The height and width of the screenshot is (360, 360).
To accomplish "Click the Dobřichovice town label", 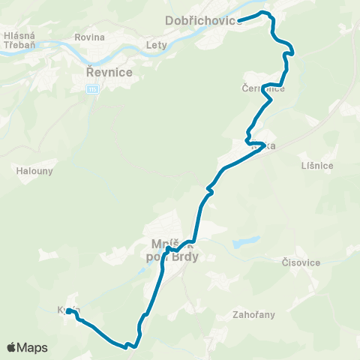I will click(202, 20).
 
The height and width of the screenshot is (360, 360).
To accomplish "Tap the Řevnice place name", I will click(109, 72).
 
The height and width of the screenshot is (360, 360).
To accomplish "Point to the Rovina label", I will click(89, 37).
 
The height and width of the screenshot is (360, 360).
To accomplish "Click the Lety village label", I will click(157, 45).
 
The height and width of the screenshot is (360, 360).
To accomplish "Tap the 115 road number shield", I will click(92, 89).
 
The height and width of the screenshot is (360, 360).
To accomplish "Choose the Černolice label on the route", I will click(263, 88).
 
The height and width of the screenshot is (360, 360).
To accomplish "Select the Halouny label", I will click(32, 170).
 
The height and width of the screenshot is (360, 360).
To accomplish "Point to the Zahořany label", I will click(253, 316).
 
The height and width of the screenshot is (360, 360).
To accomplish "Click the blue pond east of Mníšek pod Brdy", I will click(244, 243).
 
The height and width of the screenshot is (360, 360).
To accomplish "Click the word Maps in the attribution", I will click(33, 348).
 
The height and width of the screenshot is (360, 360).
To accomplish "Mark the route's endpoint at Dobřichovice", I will click(240, 19).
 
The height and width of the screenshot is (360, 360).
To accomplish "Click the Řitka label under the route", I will click(262, 146).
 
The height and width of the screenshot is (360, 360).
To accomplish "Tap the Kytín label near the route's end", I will click(67, 310).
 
